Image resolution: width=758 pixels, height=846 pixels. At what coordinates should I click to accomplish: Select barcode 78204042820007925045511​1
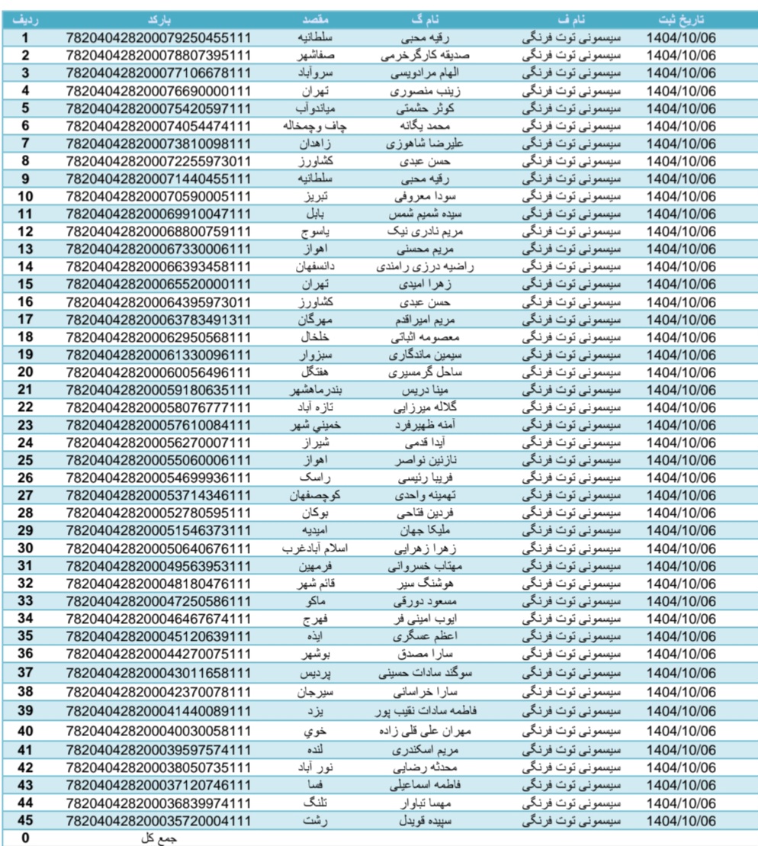[x=159, y=36]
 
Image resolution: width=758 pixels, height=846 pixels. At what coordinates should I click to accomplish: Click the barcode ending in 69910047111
[x=159, y=214]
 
